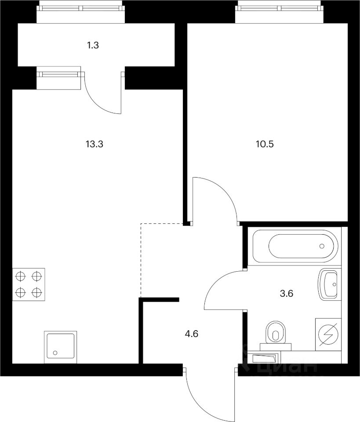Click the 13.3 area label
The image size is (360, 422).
(x=96, y=143)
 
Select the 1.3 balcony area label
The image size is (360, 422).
(x=93, y=44)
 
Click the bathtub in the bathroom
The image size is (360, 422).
(x=294, y=246)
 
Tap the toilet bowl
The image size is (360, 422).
(x=276, y=332)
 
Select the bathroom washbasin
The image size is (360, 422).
(x=328, y=284)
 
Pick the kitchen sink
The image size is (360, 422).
(x=60, y=347)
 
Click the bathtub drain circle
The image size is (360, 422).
(x=323, y=246)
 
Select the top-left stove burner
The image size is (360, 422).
(x=20, y=276)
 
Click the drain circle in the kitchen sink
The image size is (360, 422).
(x=55, y=353)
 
